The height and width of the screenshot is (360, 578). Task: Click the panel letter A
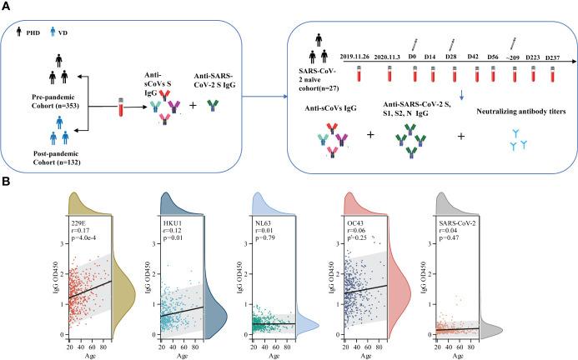coord(6,6)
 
